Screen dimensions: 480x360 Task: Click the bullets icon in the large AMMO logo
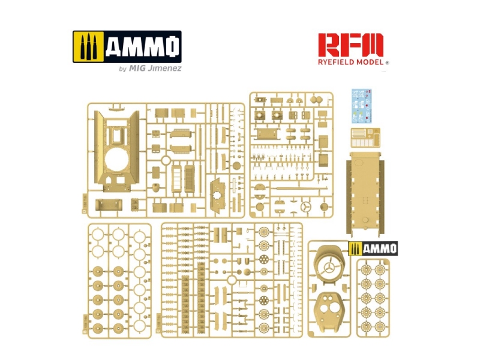tap(89, 47)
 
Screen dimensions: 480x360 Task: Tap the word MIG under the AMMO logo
tap(137, 68)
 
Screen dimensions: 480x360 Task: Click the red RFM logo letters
tap(350, 45)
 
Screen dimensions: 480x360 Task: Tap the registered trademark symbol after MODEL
tap(387, 63)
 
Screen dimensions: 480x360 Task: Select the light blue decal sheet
tap(362, 106)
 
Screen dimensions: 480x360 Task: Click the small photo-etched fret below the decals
tap(365, 138)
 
